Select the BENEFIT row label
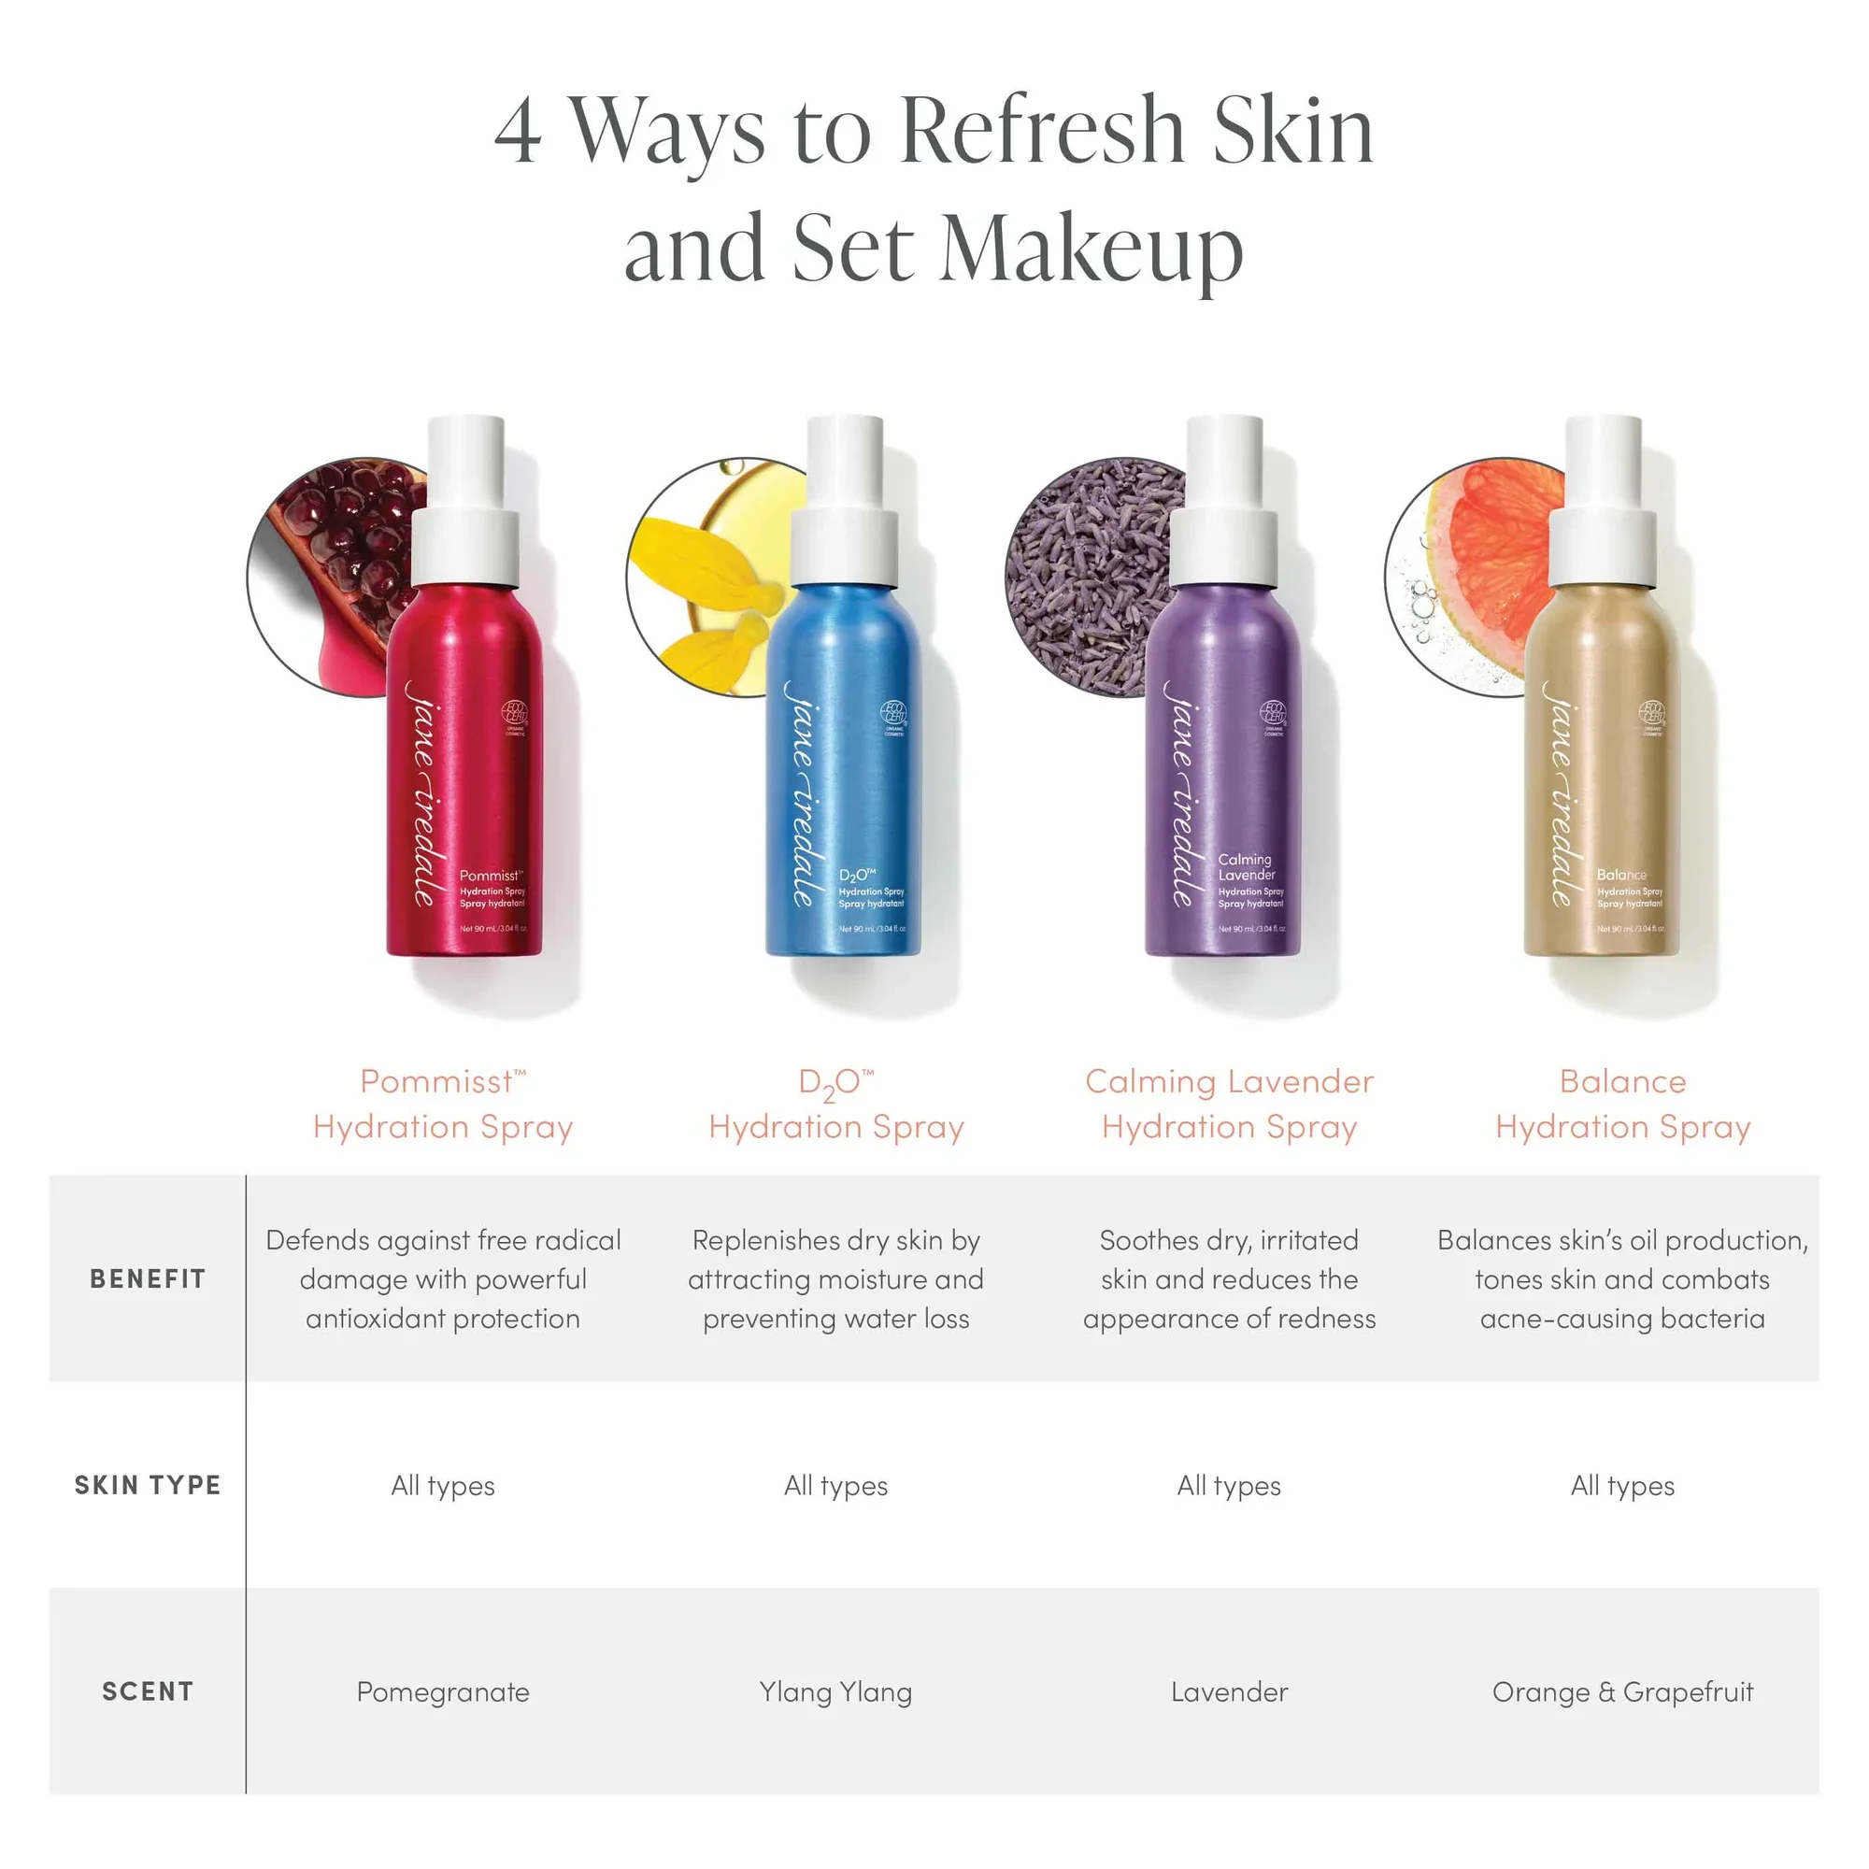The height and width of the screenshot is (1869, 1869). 147,1279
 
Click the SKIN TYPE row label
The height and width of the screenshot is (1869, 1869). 147,1485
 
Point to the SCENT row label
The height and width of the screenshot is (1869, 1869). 147,1691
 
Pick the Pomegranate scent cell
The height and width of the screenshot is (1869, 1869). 443,1692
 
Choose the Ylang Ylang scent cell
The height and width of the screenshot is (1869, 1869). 835,1692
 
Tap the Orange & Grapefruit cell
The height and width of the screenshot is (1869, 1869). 1622,1692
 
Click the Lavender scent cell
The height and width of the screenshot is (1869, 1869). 1229,1692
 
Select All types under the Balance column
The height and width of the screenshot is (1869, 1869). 1622,1486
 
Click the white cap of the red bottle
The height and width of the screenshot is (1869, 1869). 466,503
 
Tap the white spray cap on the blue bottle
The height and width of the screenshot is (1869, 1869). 846,503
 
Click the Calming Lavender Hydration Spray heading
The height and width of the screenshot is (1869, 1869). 1229,1104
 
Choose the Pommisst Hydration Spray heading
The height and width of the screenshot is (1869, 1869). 443,1104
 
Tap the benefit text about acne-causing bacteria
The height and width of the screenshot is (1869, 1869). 1622,1319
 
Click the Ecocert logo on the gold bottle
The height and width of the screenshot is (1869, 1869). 1651,714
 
